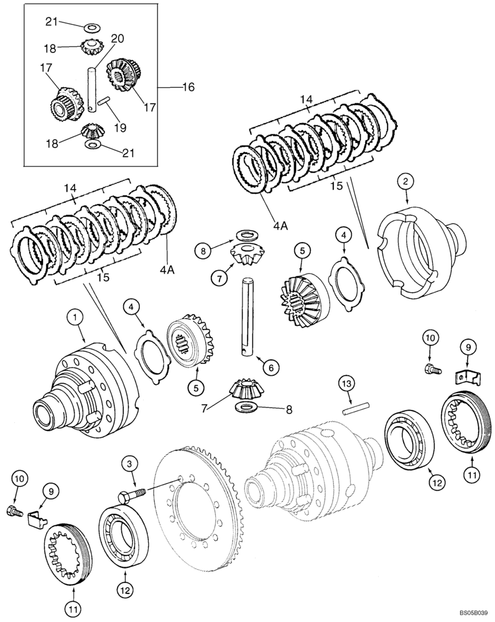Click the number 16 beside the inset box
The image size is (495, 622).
point(187,87)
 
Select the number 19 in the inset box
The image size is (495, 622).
point(120,128)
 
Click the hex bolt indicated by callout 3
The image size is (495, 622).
point(131,494)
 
